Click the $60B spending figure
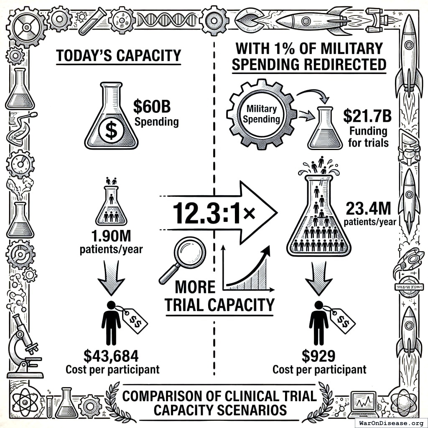(152, 107)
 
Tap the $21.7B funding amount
(367, 116)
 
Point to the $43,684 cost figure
(111, 356)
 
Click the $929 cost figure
(318, 356)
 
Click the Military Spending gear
(262, 114)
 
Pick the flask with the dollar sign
(111, 117)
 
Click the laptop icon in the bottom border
(363, 403)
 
